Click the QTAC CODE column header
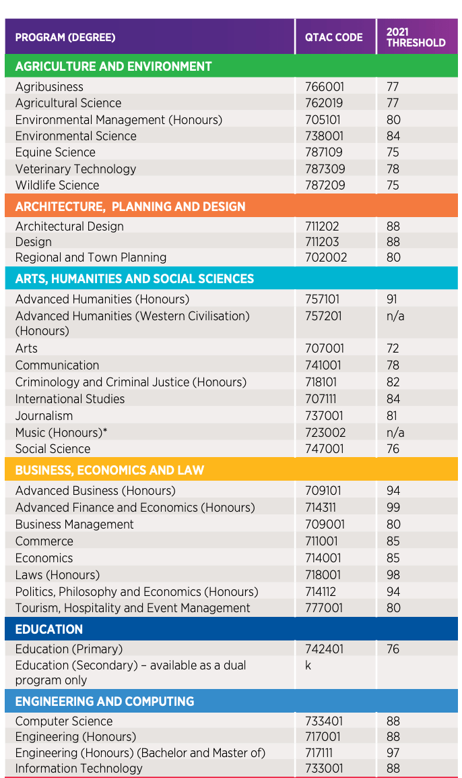(333, 37)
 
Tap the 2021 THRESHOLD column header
(416, 37)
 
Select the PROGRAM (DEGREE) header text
(65, 37)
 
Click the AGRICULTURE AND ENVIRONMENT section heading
(114, 67)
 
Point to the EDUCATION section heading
(49, 629)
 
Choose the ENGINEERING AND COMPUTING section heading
(104, 701)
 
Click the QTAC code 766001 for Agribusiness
(324, 87)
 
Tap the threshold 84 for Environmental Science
(393, 136)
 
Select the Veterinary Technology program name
(76, 169)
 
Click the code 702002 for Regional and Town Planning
(326, 258)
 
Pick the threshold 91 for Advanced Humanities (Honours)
(391, 299)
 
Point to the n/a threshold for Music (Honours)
(395, 433)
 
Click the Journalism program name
(44, 416)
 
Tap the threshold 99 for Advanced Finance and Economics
(393, 508)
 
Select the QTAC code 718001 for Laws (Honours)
(323, 575)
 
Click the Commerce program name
(44, 541)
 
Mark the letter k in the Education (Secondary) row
(308, 665)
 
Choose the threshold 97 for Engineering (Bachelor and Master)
(393, 752)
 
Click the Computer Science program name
(64, 721)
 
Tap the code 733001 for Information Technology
(324, 769)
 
